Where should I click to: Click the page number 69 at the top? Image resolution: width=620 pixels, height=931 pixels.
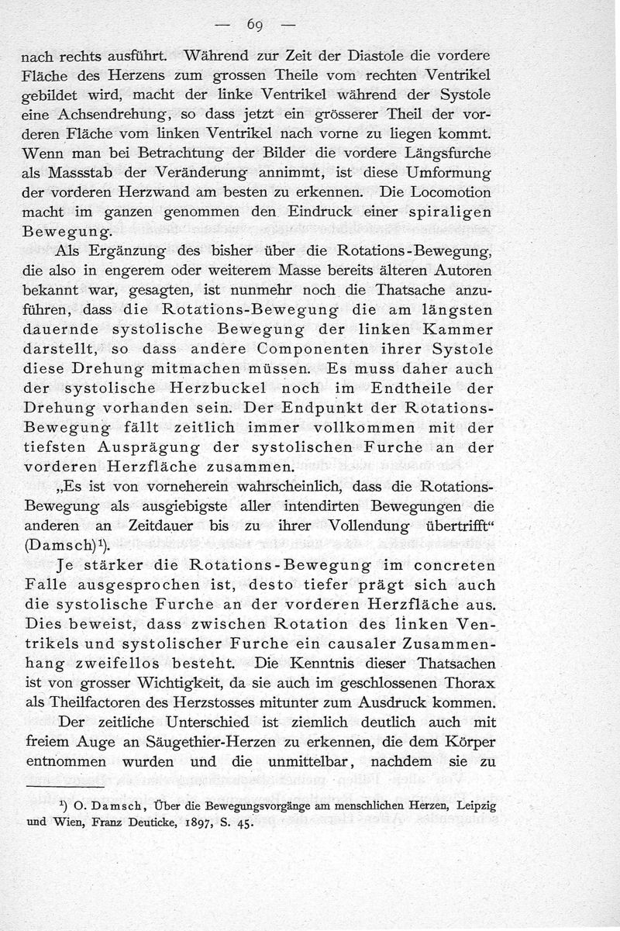255,25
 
